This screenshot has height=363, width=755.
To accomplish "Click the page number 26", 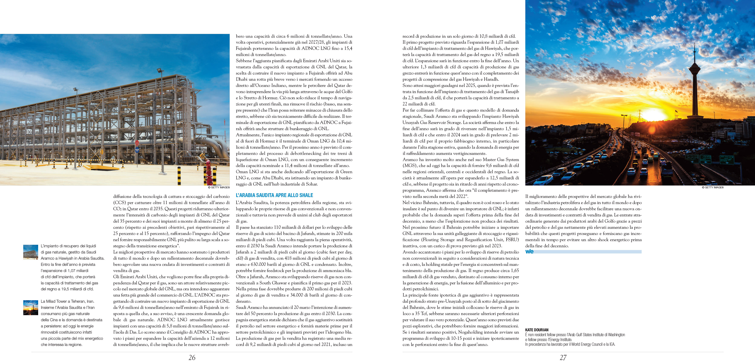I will (192, 357).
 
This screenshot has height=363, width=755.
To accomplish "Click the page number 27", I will (563, 357).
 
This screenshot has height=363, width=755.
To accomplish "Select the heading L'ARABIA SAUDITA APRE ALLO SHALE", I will (274, 195).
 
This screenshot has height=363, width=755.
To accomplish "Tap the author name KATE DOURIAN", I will (537, 330).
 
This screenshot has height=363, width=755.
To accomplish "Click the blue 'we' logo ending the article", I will (529, 251).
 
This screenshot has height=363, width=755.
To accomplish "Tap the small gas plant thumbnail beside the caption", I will (30, 252).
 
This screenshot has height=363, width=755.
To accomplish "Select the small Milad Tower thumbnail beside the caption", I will (30, 308).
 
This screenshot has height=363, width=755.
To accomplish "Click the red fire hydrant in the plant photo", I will (209, 171).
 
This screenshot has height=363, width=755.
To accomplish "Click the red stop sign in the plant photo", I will (137, 143).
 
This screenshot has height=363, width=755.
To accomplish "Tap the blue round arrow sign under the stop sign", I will (137, 150).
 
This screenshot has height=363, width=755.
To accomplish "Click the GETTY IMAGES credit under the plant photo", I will (219, 187).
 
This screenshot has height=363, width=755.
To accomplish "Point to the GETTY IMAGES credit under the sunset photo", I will (713, 187).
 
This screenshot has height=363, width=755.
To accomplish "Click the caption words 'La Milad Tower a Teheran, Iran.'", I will (67, 301).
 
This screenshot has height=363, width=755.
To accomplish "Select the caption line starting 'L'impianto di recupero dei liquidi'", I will (68, 246).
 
